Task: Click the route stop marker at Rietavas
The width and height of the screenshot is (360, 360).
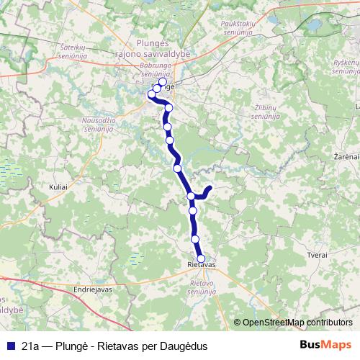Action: coord(201,259)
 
